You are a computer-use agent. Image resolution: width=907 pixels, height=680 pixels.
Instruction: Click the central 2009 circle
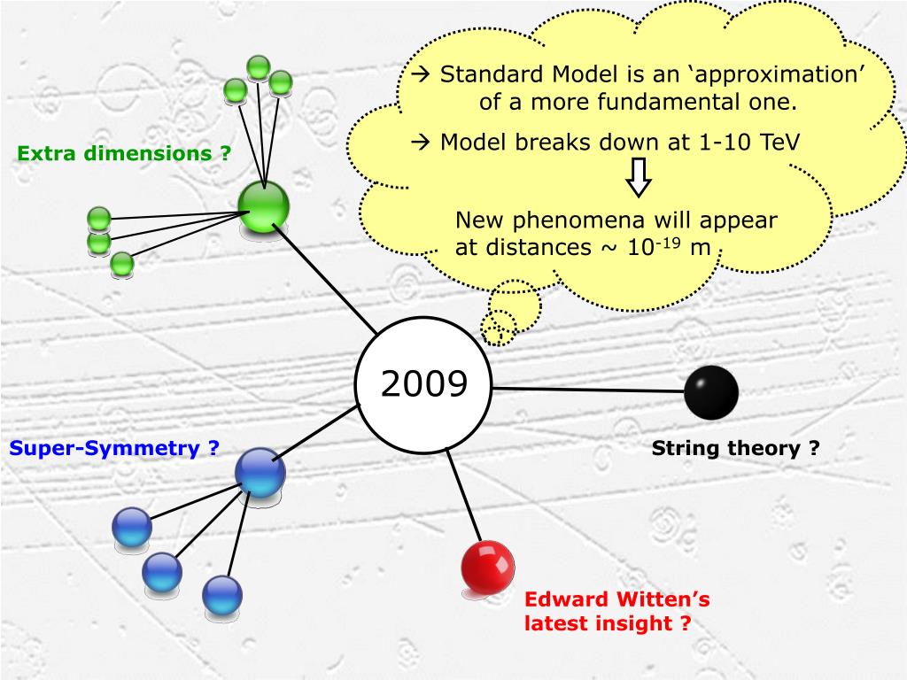click(423, 384)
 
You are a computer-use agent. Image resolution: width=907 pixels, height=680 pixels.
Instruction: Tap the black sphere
click(711, 392)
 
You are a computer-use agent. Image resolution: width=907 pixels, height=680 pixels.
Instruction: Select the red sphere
click(488, 566)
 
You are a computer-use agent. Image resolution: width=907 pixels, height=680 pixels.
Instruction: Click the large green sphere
click(264, 207)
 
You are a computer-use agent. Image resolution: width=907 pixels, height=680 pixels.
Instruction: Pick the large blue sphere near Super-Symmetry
click(260, 472)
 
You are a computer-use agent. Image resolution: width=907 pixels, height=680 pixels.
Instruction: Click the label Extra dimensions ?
click(124, 153)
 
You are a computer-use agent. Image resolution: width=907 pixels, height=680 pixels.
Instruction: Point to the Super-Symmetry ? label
click(114, 448)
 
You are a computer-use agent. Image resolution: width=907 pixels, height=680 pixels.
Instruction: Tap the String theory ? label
click(736, 448)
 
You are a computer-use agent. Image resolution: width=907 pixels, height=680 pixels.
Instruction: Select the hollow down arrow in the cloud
click(638, 179)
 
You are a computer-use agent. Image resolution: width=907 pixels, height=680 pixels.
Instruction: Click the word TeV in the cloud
click(780, 143)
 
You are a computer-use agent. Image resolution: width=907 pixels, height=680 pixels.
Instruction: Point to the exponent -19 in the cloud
click(669, 241)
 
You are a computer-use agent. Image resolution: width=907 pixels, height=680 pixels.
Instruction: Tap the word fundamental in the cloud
click(665, 102)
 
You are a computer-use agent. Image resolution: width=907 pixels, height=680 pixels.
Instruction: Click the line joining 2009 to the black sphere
click(588, 389)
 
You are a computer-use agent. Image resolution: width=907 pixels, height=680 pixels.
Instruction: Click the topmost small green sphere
click(259, 67)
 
